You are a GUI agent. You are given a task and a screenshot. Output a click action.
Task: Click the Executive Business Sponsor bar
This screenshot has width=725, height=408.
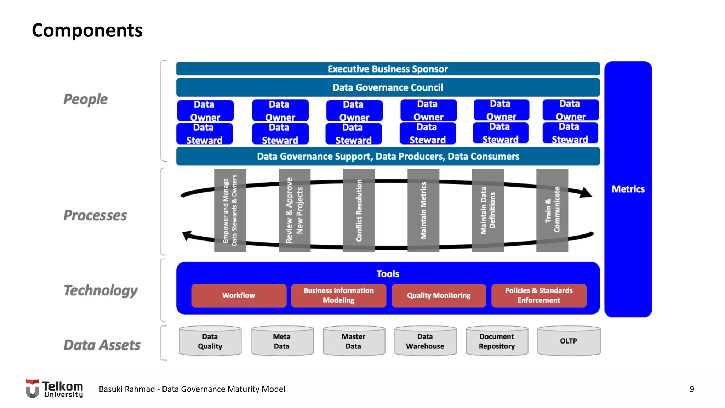coord(388,69)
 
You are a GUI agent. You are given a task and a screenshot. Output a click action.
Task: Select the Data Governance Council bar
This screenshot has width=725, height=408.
coord(388,87)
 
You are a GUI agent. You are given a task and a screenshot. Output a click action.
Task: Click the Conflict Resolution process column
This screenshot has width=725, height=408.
coord(359,210)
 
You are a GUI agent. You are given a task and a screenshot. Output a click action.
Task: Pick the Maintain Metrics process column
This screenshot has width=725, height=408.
coord(423,210)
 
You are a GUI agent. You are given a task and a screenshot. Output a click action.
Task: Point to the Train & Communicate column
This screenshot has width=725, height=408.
coord(552,210)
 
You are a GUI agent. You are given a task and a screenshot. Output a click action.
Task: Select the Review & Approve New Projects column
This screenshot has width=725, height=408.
coord(294,210)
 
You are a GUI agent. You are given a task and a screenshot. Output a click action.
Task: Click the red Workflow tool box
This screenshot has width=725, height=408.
coord(239,295)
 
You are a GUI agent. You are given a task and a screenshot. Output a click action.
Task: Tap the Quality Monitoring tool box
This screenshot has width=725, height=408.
coord(439,295)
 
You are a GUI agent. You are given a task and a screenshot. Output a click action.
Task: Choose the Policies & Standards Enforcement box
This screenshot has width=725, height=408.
coord(538,295)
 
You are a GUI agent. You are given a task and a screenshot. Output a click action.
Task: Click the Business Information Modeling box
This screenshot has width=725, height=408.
coord(338,295)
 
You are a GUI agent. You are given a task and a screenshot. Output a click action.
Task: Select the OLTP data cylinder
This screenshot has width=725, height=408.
coord(569,341)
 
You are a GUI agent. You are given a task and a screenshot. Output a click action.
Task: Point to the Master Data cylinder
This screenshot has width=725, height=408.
coord(354,341)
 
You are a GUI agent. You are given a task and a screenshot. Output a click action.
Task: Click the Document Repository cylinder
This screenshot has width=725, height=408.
coord(497,341)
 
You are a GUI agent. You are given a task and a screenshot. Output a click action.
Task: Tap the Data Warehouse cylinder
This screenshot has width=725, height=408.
coord(425,341)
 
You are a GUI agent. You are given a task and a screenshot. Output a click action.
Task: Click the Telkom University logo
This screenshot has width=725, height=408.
coord(55,389)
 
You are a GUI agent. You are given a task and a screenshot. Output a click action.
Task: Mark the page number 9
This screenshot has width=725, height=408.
coord(691,389)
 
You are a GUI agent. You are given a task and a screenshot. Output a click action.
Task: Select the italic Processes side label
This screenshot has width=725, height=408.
coord(95,215)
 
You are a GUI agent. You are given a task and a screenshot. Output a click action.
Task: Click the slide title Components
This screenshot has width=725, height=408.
coord(87,30)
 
